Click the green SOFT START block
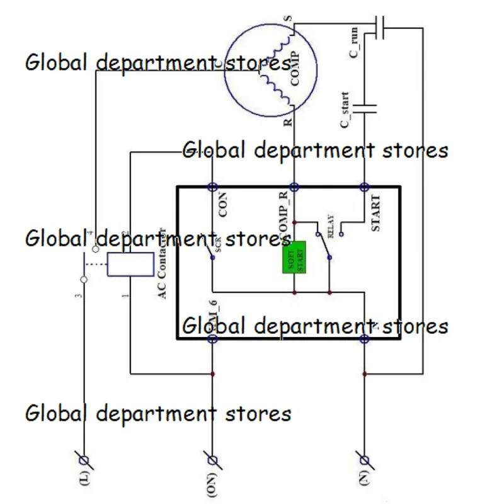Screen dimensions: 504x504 tap(294, 257)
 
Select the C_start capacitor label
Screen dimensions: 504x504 tap(346, 114)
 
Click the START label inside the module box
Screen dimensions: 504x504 tap(376, 213)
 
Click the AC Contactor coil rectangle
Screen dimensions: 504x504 tap(131, 264)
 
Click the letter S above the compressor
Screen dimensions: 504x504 tap(289, 19)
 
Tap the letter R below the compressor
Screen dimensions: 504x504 tap(288, 122)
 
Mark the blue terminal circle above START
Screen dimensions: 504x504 tap(364, 187)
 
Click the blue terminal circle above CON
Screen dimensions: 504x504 tap(212, 187)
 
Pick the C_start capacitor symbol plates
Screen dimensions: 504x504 tap(364, 108)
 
